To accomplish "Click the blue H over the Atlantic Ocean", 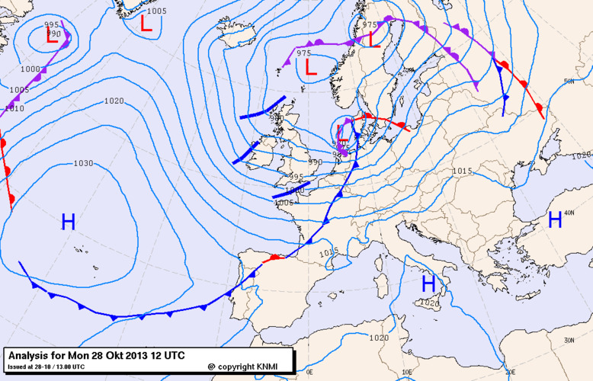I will pos(68,222).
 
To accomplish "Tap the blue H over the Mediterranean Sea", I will pos(429,283).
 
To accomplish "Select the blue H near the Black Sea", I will pos(555,220).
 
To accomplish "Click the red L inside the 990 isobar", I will pos(51,35).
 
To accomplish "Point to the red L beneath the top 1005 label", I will pos(146,24).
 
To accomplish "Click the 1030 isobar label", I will pos(83,164).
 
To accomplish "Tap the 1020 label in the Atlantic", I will pos(114,101).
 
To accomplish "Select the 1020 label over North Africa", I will pos(378,338).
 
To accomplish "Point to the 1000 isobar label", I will pos(30,69).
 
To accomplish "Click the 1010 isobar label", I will pos(14,109).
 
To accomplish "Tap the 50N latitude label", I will pos(568,82).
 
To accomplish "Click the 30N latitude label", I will pos(568,341).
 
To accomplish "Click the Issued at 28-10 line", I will pos(46,367).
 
